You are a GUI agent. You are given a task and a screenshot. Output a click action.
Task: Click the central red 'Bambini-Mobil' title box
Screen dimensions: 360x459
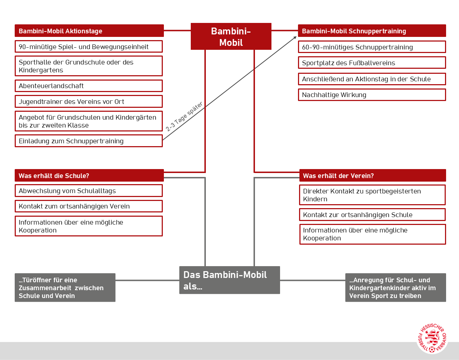pyautogui.click(x=231, y=37)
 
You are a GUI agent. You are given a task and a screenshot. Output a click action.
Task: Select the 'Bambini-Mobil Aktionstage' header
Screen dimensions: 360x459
pyautogui.click(x=89, y=31)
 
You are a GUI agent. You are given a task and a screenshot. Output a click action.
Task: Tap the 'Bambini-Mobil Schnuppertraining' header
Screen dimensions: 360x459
pyautogui.click(x=372, y=31)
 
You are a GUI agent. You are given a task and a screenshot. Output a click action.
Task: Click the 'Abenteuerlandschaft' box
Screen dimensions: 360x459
pyautogui.click(x=89, y=86)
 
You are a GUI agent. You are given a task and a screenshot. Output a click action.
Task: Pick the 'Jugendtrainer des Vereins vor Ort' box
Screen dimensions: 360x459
pyautogui.click(x=89, y=102)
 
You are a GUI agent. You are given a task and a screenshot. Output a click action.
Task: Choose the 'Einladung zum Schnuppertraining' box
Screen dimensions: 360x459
pyautogui.click(x=89, y=141)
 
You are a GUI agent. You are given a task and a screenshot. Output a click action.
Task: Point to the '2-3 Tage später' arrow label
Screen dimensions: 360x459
pyautogui.click(x=184, y=116)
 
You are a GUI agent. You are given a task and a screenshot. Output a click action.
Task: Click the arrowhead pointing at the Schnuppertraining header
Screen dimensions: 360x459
pyautogui.click(x=295, y=37)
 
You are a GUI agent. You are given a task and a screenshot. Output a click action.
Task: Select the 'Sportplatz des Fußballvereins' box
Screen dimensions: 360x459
pyautogui.click(x=372, y=63)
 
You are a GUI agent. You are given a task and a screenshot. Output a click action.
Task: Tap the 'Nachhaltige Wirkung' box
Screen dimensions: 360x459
pyautogui.click(x=372, y=95)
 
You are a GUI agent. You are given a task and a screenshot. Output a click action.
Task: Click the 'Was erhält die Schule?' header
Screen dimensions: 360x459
pyautogui.click(x=89, y=176)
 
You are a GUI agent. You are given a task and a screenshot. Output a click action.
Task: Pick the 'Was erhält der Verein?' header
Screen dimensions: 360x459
pyautogui.click(x=373, y=176)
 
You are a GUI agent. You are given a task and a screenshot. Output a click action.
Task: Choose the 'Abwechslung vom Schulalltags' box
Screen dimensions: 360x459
pyautogui.click(x=89, y=191)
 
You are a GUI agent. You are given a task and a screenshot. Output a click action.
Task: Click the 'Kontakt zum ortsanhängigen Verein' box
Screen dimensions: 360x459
pyautogui.click(x=89, y=206)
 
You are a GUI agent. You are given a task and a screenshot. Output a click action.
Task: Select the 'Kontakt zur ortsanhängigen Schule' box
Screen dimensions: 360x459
pyautogui.click(x=372, y=215)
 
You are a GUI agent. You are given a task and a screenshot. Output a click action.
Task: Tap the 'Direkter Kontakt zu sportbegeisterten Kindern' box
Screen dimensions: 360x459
pyautogui.click(x=372, y=195)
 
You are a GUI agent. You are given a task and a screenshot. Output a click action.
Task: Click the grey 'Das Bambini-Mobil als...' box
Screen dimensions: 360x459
pyautogui.click(x=229, y=280)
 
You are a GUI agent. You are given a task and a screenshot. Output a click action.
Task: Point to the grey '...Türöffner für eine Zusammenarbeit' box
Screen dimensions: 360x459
pyautogui.click(x=65, y=288)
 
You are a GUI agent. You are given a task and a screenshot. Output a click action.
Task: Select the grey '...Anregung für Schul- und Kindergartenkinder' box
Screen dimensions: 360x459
pyautogui.click(x=396, y=288)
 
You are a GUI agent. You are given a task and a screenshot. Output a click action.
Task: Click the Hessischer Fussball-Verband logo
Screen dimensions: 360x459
pyautogui.click(x=432, y=338)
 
